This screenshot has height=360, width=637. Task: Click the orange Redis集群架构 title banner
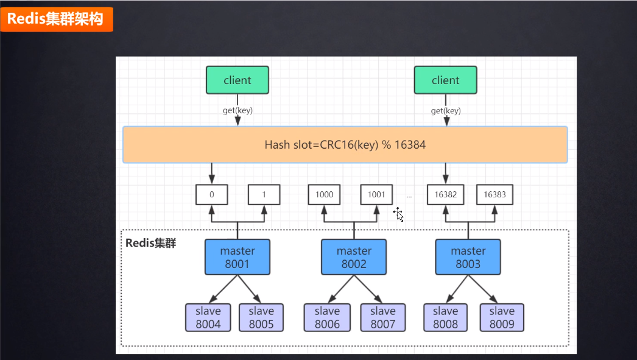click(57, 19)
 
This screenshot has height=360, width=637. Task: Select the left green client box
click(238, 80)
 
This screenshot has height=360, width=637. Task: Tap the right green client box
click(445, 80)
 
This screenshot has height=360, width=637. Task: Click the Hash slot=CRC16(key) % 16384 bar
click(345, 145)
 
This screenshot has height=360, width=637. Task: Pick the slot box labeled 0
click(211, 195)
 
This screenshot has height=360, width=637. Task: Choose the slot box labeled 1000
click(324, 195)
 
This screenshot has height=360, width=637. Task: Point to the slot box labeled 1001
click(376, 195)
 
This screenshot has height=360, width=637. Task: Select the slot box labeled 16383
click(494, 195)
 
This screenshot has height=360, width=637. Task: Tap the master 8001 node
click(238, 257)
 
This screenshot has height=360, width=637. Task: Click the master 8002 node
click(354, 257)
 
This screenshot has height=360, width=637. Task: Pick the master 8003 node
click(468, 257)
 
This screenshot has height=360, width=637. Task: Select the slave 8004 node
click(208, 317)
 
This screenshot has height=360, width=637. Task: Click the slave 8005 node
click(261, 317)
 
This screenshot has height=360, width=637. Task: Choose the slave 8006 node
click(327, 317)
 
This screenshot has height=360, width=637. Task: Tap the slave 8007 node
click(382, 317)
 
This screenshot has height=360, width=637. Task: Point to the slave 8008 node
click(445, 317)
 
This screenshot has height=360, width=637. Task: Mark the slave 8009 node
click(501, 317)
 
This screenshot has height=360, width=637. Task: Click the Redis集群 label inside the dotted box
click(150, 243)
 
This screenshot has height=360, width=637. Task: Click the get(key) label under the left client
click(238, 111)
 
